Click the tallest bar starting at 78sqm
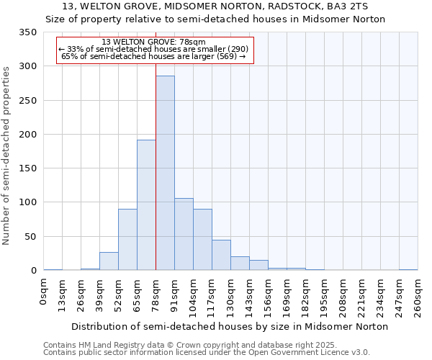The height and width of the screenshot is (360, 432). coord(165,173)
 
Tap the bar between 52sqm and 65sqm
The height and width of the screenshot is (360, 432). coord(127,240)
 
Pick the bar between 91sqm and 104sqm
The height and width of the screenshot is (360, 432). coord(184,234)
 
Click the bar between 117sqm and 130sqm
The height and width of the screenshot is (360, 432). coord(221,255)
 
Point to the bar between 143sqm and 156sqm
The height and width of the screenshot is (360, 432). coord(258,265)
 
